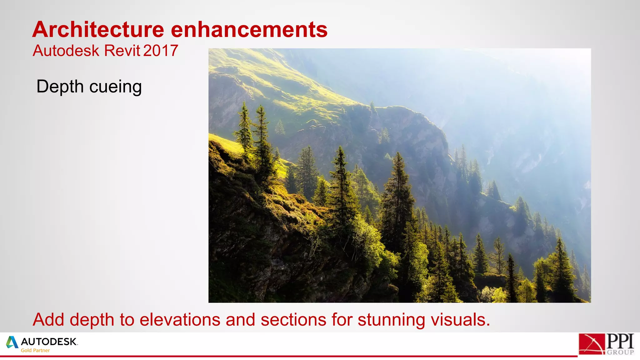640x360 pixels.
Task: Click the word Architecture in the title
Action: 98,30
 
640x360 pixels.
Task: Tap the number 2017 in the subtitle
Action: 161,51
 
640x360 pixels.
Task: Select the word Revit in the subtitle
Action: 122,51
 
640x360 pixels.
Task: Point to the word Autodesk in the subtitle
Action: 66,51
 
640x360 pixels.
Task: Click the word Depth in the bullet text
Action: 60,87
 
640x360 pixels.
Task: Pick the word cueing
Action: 115,87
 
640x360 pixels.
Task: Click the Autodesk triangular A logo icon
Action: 12,342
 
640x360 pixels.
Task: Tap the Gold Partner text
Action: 35,351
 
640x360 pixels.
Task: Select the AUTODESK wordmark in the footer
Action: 49,342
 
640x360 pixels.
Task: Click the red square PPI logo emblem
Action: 592,344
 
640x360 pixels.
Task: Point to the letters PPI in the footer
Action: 620,341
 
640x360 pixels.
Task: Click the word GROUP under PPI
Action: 620,352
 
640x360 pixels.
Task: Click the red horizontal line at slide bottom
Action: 281,356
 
